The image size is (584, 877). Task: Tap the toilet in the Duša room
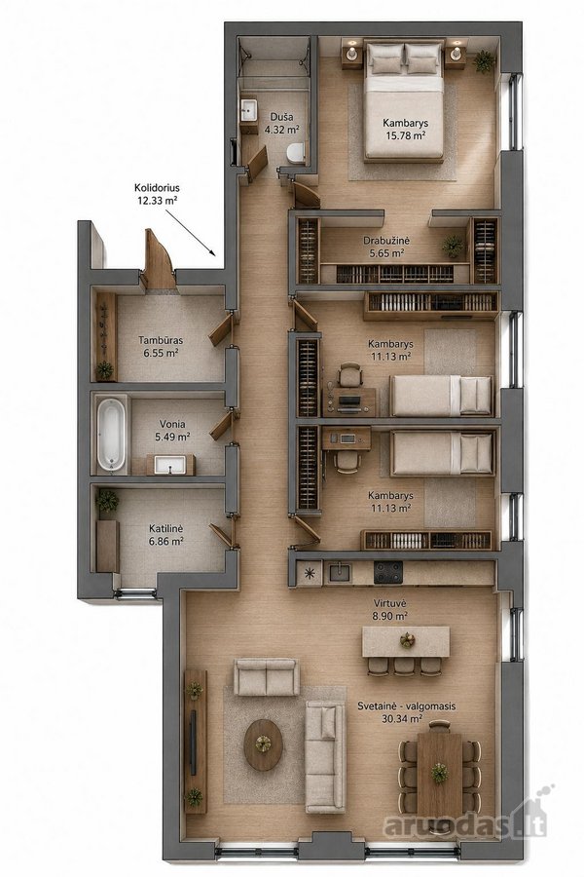coord(296,153)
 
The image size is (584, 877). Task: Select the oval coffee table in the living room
coord(263,744)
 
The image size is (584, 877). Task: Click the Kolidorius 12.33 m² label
coord(157,194)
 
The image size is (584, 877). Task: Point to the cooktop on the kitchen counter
coord(387,572)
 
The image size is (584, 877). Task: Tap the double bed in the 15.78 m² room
coord(404,99)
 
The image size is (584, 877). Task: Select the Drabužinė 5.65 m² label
coord(386,247)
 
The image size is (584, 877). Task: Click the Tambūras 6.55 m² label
coord(161,346)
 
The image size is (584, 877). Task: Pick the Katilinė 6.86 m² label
coord(166,535)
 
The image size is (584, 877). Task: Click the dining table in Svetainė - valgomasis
coord(440,775)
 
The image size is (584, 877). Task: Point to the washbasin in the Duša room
coord(249,110)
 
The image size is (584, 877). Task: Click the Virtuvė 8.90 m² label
coord(390,610)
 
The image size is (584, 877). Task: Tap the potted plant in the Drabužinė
coord(453,246)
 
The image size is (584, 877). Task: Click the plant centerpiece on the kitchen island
coord(406,640)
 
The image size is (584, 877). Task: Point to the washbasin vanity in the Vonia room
coord(170,464)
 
